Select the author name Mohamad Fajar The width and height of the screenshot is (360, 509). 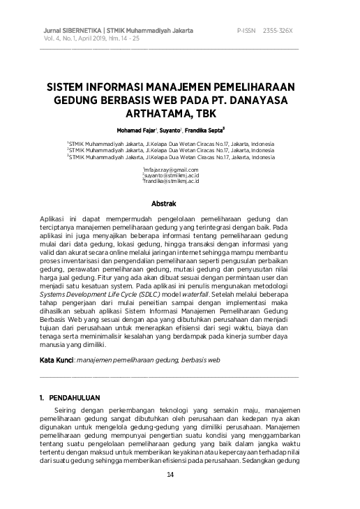click(x=137, y=131)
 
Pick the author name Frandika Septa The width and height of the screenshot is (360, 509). click(x=204, y=131)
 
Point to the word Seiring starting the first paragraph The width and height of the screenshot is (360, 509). click(x=68, y=409)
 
